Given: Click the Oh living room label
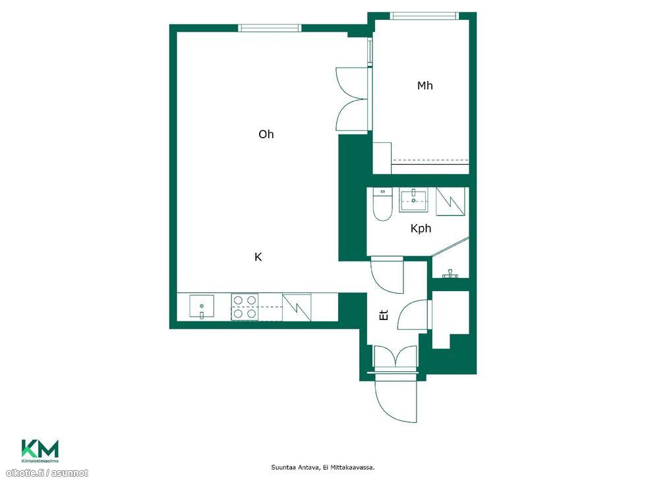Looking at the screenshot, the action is click(x=266, y=134).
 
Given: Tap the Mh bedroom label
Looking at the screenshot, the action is click(x=425, y=86).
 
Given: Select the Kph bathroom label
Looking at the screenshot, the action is click(x=421, y=229).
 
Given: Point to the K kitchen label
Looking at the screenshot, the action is click(x=258, y=257).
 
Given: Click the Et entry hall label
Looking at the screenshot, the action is click(x=384, y=315).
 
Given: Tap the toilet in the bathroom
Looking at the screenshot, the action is click(x=382, y=204).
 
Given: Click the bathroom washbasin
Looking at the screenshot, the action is click(x=413, y=200).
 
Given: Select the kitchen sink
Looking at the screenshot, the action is click(x=202, y=307).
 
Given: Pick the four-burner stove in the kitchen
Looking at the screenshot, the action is click(x=245, y=307).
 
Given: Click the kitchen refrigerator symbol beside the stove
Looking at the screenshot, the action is click(x=297, y=307).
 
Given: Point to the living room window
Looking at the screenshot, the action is click(x=270, y=28).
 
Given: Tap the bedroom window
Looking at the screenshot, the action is click(x=425, y=16).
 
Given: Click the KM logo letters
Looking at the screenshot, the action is click(x=40, y=448).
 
